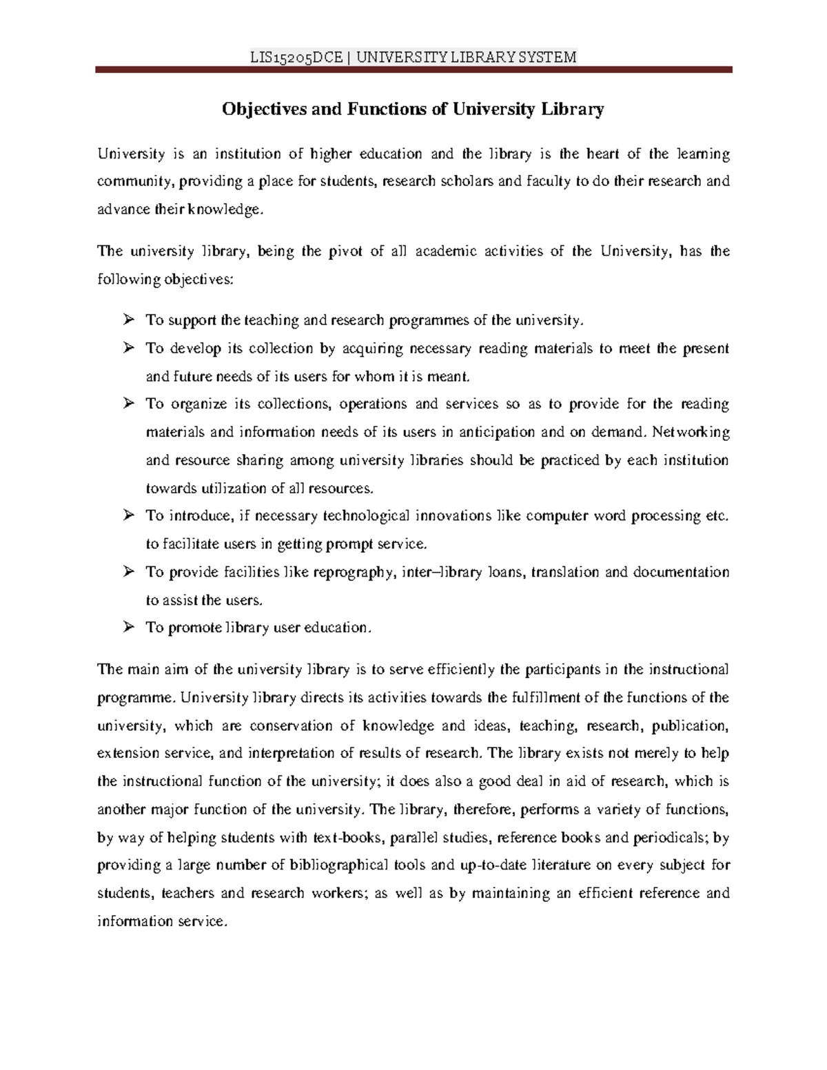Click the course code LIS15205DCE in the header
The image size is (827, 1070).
(296, 57)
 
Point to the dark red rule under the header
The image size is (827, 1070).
(413, 70)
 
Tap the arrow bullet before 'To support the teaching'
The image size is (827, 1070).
(127, 320)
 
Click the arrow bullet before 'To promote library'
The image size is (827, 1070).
(127, 627)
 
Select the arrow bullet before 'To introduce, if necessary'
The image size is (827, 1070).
(127, 515)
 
